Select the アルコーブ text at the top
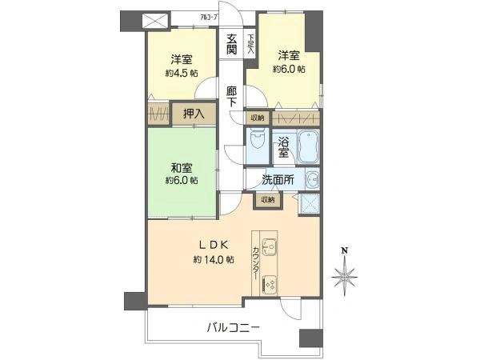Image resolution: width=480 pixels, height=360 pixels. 186,16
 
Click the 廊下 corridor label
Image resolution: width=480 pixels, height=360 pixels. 231,96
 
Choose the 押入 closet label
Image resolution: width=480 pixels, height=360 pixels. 194,114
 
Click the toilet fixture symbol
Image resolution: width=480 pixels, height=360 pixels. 257,143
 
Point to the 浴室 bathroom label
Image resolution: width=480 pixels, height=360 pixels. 283,149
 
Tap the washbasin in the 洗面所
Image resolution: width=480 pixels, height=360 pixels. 314,179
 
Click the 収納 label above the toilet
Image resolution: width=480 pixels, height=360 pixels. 257,118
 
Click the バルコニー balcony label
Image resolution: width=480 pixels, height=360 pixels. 234,327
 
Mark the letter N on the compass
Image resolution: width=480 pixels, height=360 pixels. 345,250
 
